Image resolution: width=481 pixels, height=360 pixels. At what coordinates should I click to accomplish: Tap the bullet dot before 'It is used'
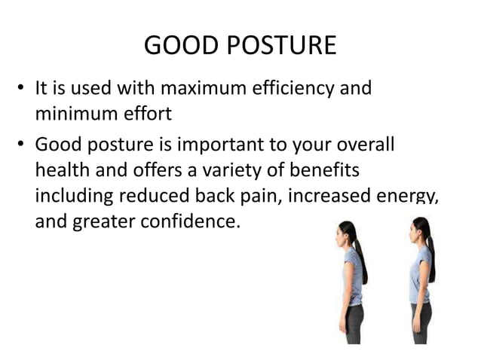[23, 90]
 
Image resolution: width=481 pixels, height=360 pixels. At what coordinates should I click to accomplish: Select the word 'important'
[220, 143]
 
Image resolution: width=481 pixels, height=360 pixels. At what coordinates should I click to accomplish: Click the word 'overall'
[354, 143]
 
